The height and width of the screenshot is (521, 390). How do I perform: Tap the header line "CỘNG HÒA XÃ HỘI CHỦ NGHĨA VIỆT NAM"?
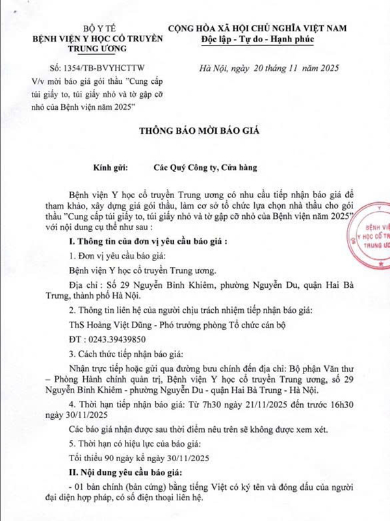259,28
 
